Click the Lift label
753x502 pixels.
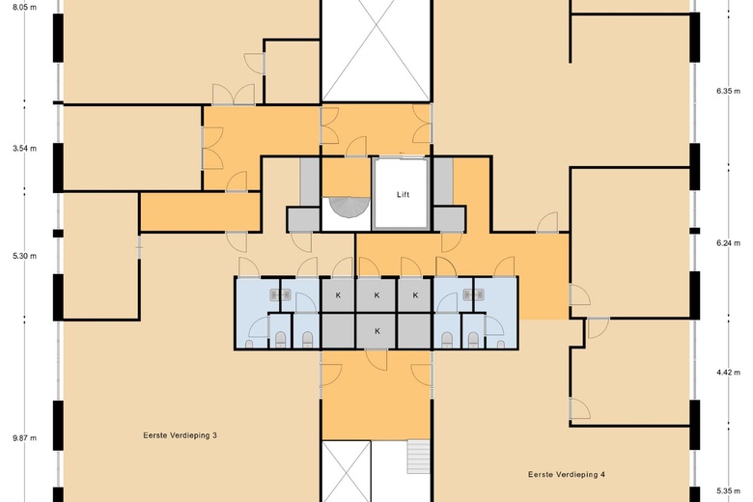click(403, 195)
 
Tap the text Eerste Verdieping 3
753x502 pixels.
click(181, 435)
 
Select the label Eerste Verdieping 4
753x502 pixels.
click(567, 475)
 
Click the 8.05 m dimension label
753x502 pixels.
click(24, 7)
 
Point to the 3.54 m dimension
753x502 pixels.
click(24, 149)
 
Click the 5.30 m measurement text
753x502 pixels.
click(24, 256)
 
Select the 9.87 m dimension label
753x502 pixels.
click(24, 438)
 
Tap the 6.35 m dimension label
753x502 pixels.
click(729, 91)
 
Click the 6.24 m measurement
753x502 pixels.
click(729, 243)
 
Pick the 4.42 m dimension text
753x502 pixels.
click(729, 372)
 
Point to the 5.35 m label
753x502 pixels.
click(729, 491)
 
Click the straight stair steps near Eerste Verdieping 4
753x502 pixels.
click(418, 457)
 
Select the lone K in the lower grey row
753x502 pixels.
click(377, 331)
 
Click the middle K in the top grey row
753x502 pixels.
click(376, 295)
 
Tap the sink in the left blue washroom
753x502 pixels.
click(281, 294)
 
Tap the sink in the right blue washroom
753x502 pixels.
click(473, 294)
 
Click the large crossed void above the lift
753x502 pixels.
click(376, 50)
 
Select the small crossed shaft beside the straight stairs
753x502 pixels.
click(347, 472)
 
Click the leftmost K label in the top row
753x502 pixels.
click(338, 295)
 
